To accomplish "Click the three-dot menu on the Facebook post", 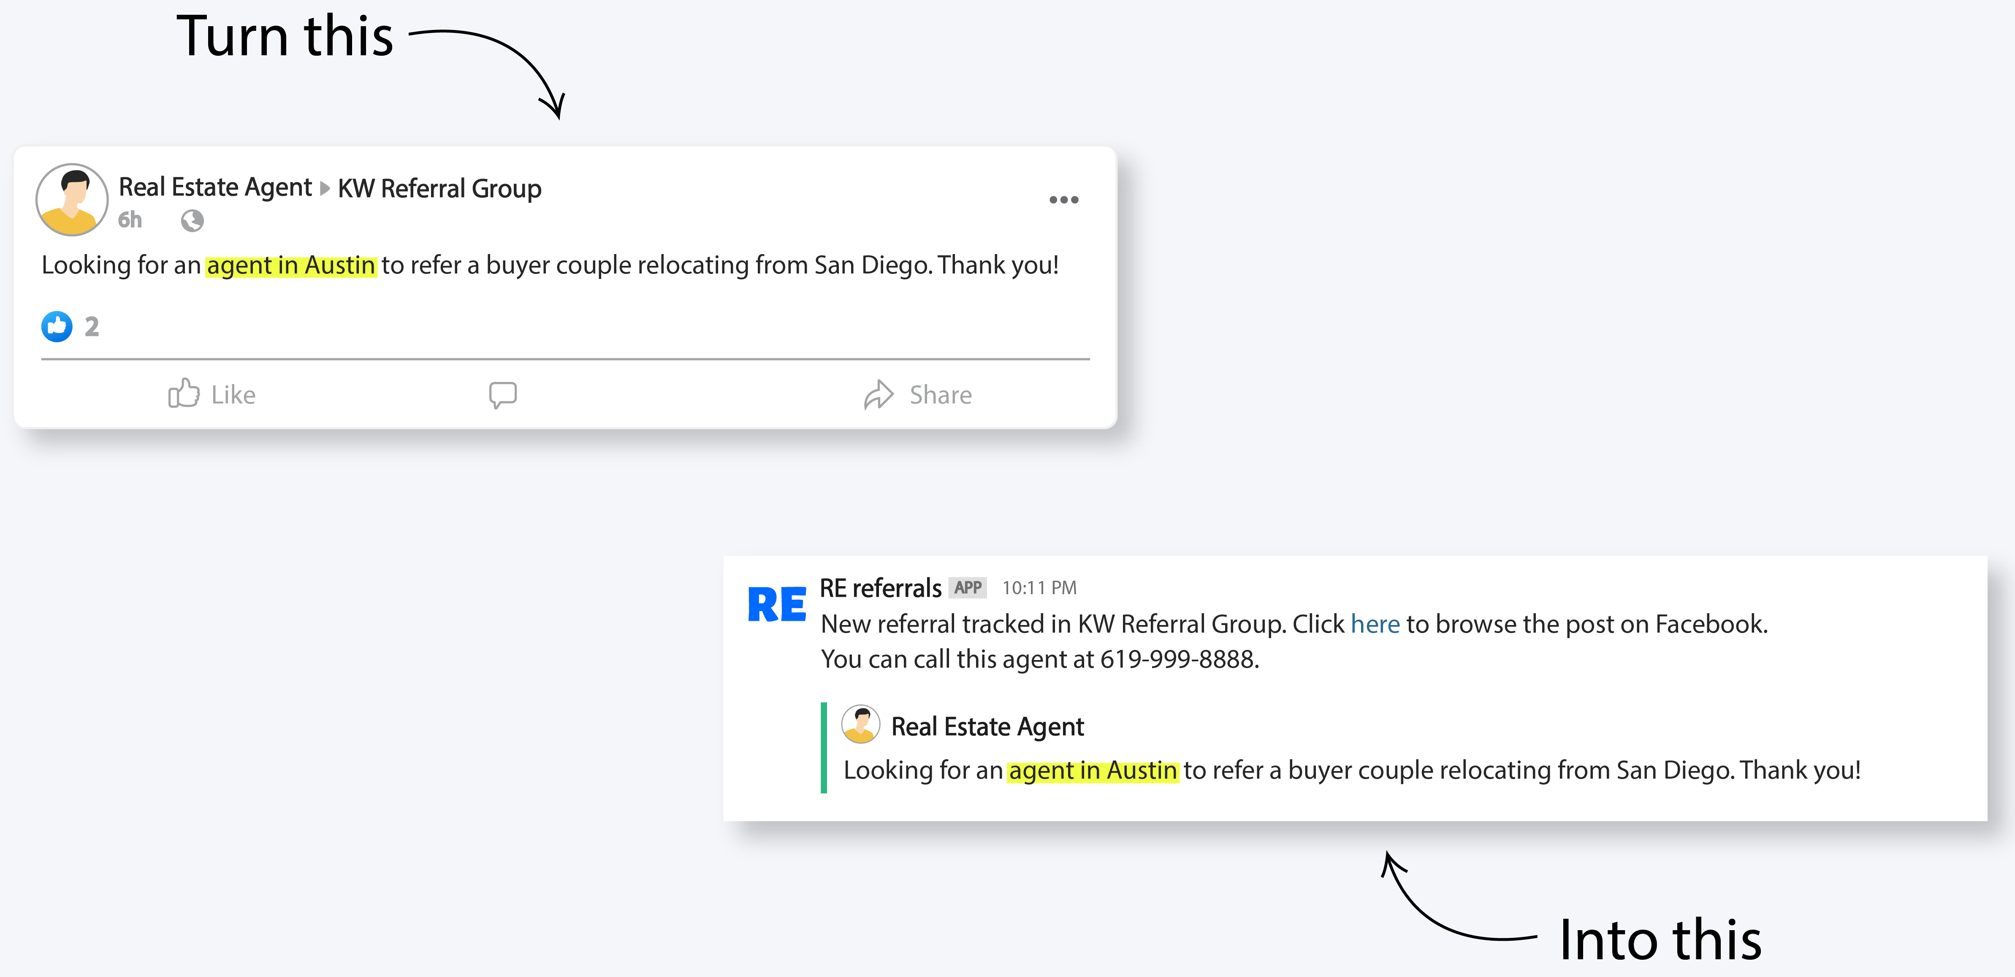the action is (1063, 200).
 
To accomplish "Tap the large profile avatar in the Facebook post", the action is (72, 200).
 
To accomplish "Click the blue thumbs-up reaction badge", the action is (56, 326).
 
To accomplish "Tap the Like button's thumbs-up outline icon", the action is (184, 393).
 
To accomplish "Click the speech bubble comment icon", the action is (503, 394).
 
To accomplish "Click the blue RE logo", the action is (776, 605).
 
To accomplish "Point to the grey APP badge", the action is (968, 587).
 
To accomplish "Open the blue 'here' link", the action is (1374, 624).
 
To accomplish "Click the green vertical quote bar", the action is (824, 748).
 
